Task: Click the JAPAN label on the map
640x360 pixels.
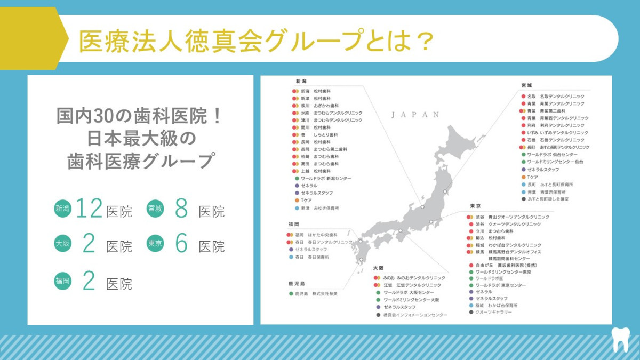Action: pyautogui.click(x=414, y=115)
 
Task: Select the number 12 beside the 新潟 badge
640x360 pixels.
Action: pyautogui.click(x=89, y=210)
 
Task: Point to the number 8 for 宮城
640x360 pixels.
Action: pyautogui.click(x=181, y=210)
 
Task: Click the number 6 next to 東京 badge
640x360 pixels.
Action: pyautogui.click(x=181, y=244)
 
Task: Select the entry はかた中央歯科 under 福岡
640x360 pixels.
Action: pyautogui.click(x=323, y=235)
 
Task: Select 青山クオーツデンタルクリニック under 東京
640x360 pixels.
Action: pyautogui.click(x=520, y=217)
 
